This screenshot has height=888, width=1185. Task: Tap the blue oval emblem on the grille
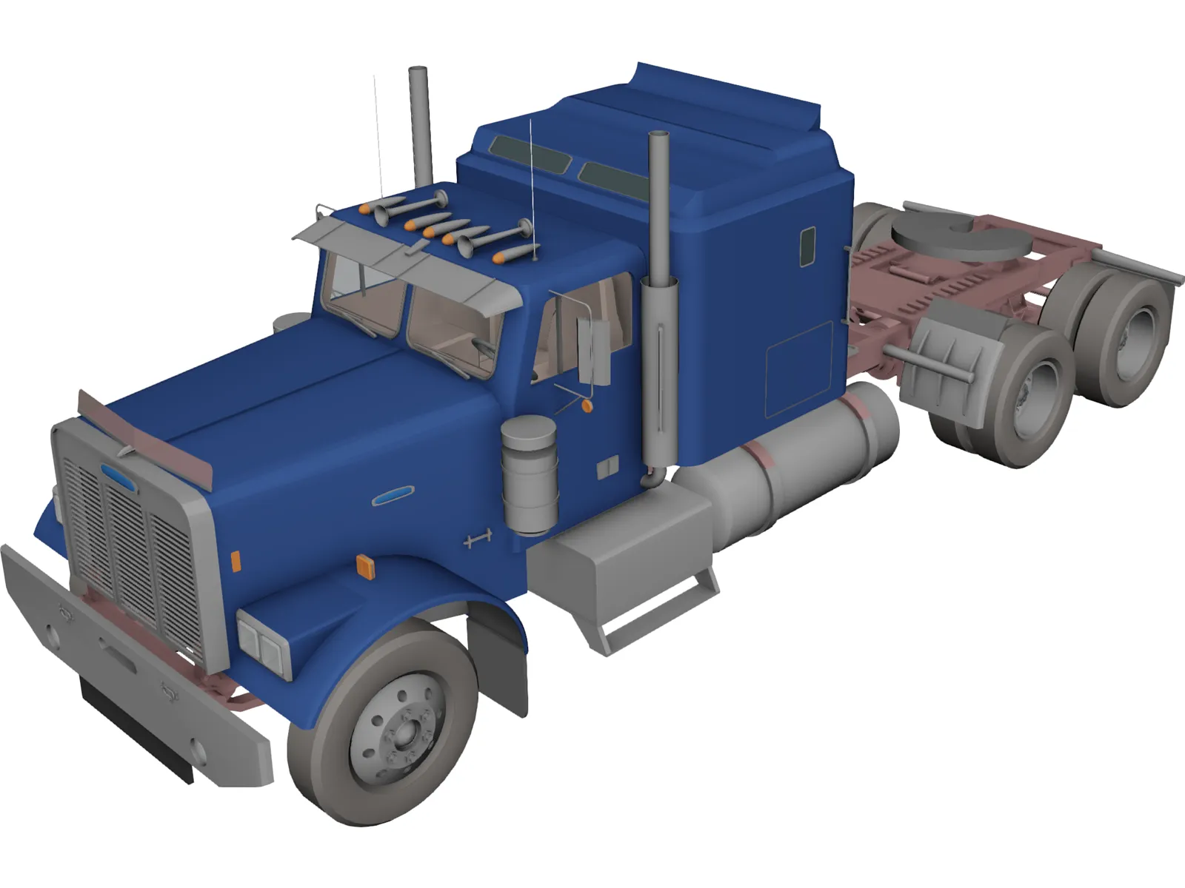[x=118, y=478]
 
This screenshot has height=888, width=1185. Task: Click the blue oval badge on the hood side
[x=393, y=496]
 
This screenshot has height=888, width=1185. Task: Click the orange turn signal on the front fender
[x=366, y=566]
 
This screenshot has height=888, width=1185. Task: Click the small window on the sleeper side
[x=807, y=246]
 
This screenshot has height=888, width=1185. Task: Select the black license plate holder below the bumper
[x=137, y=729]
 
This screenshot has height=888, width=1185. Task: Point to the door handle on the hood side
[x=478, y=539]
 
